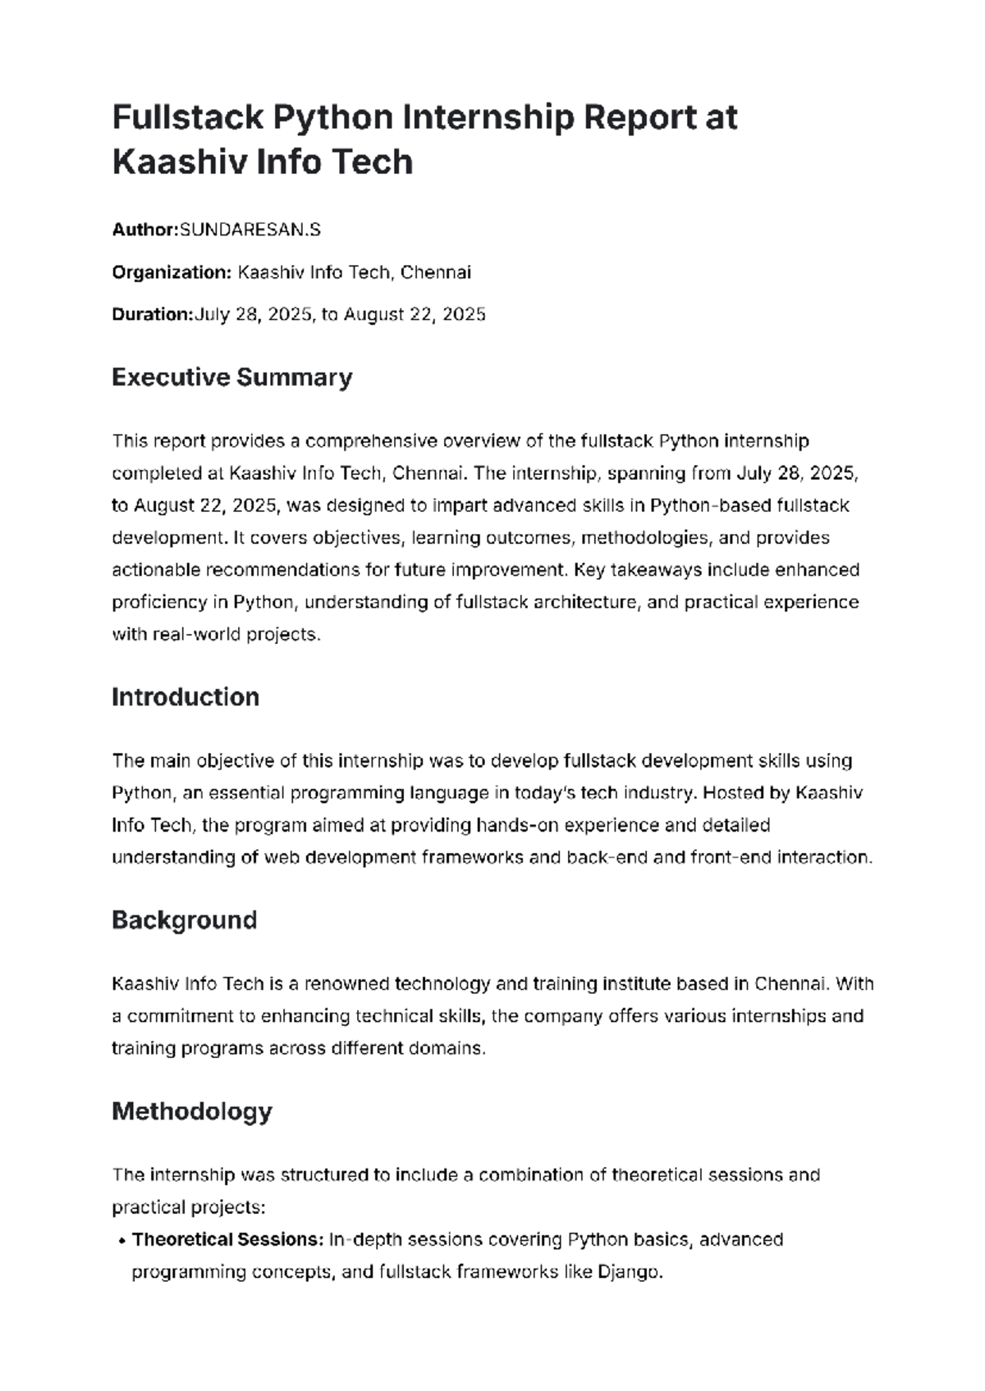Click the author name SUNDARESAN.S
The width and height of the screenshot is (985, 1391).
250,230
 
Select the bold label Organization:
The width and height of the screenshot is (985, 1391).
172,273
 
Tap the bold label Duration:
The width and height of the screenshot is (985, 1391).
152,315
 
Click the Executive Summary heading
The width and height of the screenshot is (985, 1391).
231,377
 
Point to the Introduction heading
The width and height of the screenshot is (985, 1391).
185,697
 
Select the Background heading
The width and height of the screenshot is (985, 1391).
184,920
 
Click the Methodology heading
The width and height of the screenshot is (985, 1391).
191,1111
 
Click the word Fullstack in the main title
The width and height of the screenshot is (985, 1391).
187,118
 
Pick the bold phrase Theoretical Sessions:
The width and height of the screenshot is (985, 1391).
227,1239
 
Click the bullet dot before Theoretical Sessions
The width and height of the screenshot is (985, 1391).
121,1241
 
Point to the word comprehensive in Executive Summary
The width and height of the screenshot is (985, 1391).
370,441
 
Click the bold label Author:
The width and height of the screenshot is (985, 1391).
144,230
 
